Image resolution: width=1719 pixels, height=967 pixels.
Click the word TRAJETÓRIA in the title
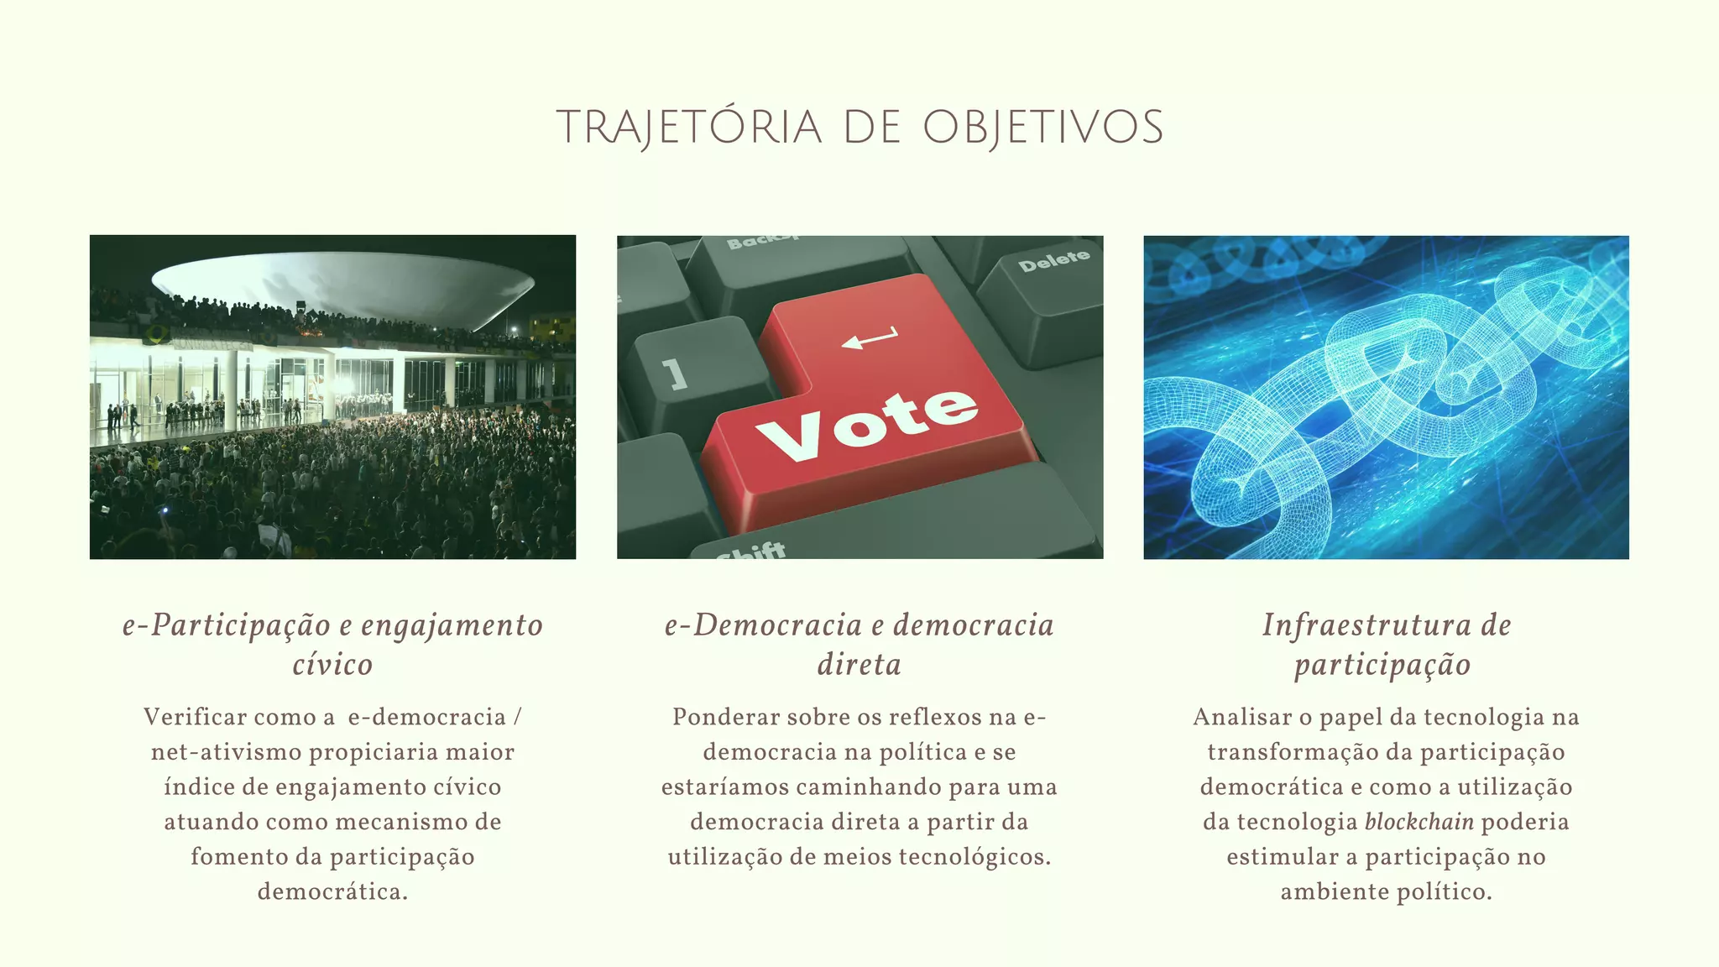tap(689, 128)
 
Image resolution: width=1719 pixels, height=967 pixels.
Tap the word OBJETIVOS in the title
tap(1043, 128)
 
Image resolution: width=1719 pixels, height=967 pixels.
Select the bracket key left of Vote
tap(675, 374)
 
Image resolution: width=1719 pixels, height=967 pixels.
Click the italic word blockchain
tap(1419, 822)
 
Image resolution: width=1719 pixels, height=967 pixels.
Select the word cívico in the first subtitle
tap(332, 665)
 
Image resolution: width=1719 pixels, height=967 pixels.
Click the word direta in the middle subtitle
tap(859, 665)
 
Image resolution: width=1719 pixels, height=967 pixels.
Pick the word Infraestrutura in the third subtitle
tap(1366, 625)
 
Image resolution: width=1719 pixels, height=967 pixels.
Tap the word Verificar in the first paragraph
tap(195, 718)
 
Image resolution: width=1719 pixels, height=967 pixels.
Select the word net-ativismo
tap(226, 752)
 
